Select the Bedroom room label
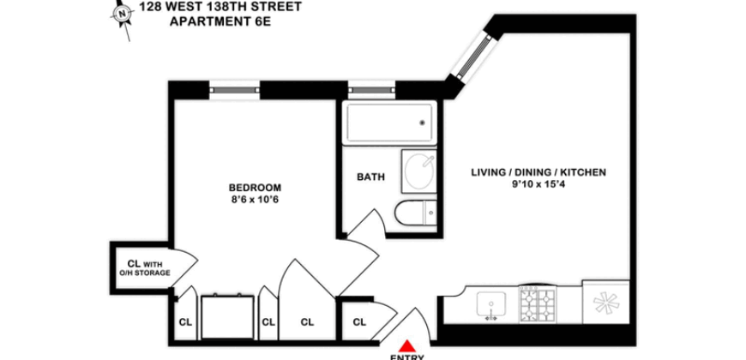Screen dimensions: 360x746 [x=255, y=188]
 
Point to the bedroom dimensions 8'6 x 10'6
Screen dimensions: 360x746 [x=255, y=201]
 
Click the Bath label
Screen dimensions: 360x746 [x=370, y=178]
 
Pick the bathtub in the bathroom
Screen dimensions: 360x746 [x=389, y=125]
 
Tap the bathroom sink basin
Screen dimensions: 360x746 [x=419, y=171]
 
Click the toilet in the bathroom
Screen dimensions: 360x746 [x=415, y=214]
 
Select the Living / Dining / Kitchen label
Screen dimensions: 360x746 [x=538, y=172]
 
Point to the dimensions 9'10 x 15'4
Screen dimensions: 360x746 [x=538, y=186]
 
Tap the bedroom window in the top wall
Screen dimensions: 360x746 [x=236, y=88]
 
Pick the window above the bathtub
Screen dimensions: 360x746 [x=371, y=88]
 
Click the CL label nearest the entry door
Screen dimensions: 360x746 [x=360, y=322]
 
